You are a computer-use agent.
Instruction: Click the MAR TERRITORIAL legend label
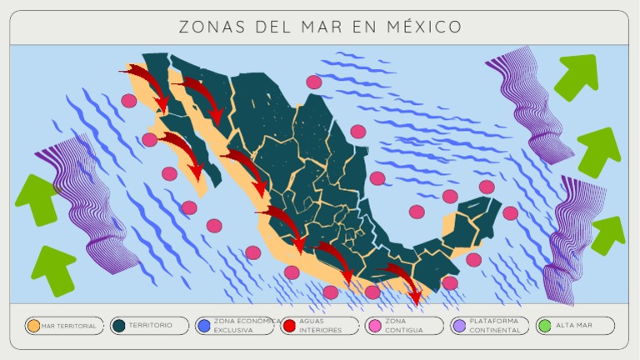(x=69, y=326)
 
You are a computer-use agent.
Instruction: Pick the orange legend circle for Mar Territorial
(x=33, y=326)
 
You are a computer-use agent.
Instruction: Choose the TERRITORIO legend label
(x=151, y=325)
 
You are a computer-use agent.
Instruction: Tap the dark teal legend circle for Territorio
(x=118, y=326)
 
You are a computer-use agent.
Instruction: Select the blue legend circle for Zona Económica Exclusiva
(x=203, y=326)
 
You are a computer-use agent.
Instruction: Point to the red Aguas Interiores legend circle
(x=288, y=326)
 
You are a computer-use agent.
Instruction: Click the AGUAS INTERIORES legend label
(x=320, y=325)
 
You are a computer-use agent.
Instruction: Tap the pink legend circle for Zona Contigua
(x=373, y=326)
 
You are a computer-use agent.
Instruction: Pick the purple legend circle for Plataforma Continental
(x=458, y=326)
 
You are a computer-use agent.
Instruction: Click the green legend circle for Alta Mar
(x=544, y=326)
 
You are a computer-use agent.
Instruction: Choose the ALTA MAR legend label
(x=574, y=325)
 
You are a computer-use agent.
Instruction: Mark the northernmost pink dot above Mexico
(x=314, y=82)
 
